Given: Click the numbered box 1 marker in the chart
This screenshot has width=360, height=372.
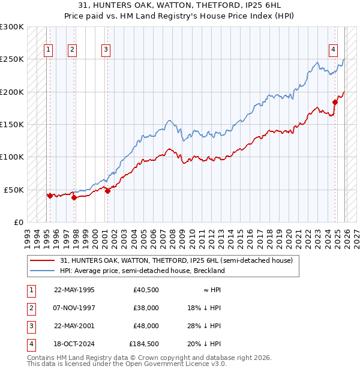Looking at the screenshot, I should pyautogui.click(x=48, y=50).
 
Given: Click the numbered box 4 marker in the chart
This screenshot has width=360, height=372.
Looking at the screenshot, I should pyautogui.click(x=333, y=50).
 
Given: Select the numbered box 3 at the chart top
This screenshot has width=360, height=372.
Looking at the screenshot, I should pyautogui.click(x=106, y=50).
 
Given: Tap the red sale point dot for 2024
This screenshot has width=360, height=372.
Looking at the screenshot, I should pyautogui.click(x=335, y=102).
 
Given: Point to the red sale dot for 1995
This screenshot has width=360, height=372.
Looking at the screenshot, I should pyautogui.click(x=49, y=196).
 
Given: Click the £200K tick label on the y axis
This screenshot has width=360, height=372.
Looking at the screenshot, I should pyautogui.click(x=12, y=92).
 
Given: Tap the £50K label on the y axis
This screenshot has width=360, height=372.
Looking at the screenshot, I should pyautogui.click(x=14, y=190).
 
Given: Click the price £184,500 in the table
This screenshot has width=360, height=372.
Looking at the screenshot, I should pyautogui.click(x=144, y=344).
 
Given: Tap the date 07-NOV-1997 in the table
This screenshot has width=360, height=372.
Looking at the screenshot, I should pyautogui.click(x=74, y=308).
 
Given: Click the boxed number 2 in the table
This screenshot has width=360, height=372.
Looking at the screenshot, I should pyautogui.click(x=30, y=308).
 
